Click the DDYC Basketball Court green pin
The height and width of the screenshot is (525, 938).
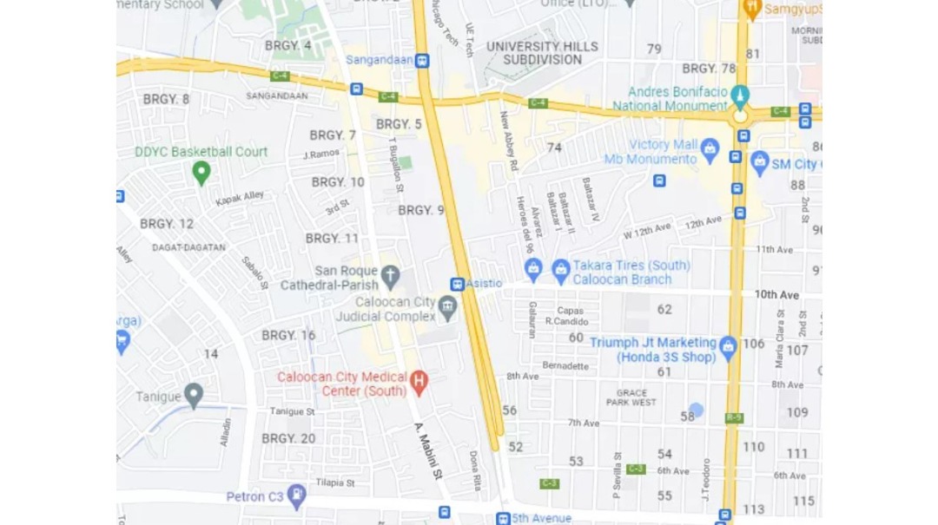coord(201,172)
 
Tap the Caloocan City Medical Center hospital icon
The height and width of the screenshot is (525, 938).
coord(419,380)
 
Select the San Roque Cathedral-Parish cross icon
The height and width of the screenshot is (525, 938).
coord(390,277)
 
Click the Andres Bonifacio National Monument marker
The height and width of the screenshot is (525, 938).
coord(740,95)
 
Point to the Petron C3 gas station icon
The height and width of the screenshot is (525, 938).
coord(297,495)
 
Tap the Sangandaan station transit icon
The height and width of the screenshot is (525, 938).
coord(422,61)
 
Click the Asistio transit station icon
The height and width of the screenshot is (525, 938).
coord(457,285)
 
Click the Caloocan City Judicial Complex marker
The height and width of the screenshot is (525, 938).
coord(447,305)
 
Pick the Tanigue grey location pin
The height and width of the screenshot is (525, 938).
coord(194,396)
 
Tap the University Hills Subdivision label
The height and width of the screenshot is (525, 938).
coord(542,53)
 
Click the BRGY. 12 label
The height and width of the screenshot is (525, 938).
coord(167,224)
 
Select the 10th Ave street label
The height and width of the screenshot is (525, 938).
coord(776,295)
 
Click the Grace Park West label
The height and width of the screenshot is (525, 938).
coord(631,397)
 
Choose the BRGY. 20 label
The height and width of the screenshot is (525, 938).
coord(288,439)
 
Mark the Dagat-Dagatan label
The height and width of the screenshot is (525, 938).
coord(188,247)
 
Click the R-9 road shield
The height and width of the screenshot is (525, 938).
coord(734,418)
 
